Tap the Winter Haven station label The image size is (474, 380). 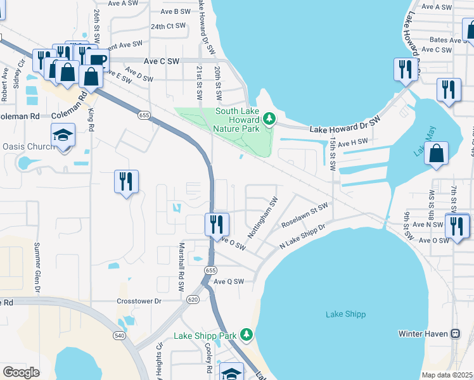pyautogui.click(x=423, y=333)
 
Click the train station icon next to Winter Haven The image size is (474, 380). pyautogui.click(x=455, y=333)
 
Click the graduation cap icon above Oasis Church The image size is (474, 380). pyautogui.click(x=63, y=135)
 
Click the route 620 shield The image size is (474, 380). pyautogui.click(x=193, y=298)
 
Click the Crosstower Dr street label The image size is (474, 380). pyautogui.click(x=139, y=301)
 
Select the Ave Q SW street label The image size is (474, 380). pyautogui.click(x=229, y=281)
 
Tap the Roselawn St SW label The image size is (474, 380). pyautogui.click(x=305, y=215)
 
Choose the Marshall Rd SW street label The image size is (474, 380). pyautogui.click(x=181, y=267)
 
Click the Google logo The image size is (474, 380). pyautogui.click(x=21, y=372)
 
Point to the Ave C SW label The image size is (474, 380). pyautogui.click(x=162, y=61)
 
